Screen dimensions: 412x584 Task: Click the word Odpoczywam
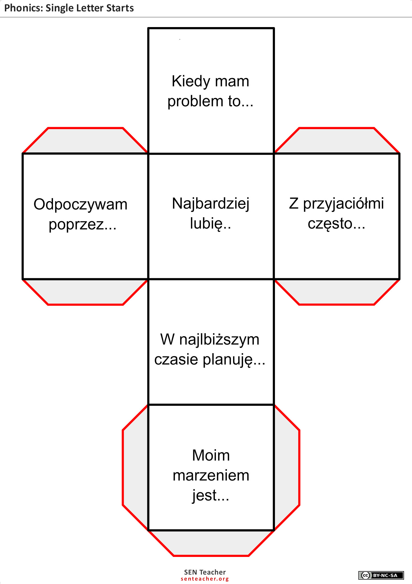pyautogui.click(x=80, y=205)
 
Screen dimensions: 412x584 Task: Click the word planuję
pyautogui.click(x=228, y=360)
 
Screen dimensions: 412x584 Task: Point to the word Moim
pyautogui.click(x=211, y=455)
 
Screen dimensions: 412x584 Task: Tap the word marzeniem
pyautogui.click(x=211, y=475)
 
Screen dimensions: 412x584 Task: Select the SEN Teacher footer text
pyautogui.click(x=205, y=572)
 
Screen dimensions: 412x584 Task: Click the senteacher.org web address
pyautogui.click(x=205, y=579)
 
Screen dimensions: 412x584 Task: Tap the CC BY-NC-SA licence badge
pyautogui.click(x=381, y=575)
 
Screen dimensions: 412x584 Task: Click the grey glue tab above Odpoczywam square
pyautogui.click(x=85, y=141)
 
